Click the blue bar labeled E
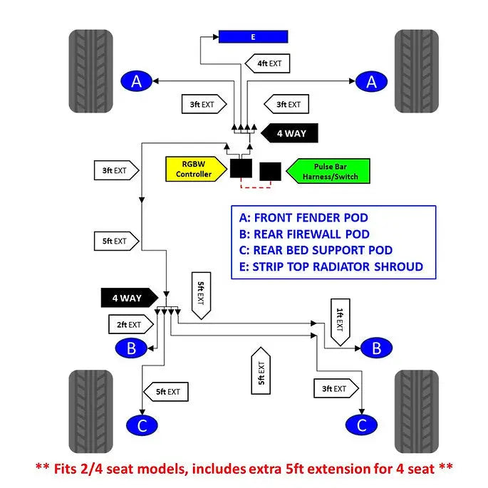(x=253, y=36)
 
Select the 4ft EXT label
(x=268, y=63)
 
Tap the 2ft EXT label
(x=131, y=325)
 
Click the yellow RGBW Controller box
(x=194, y=169)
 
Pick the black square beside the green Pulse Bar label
(x=270, y=172)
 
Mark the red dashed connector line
(x=256, y=187)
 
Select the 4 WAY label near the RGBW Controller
(x=289, y=133)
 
